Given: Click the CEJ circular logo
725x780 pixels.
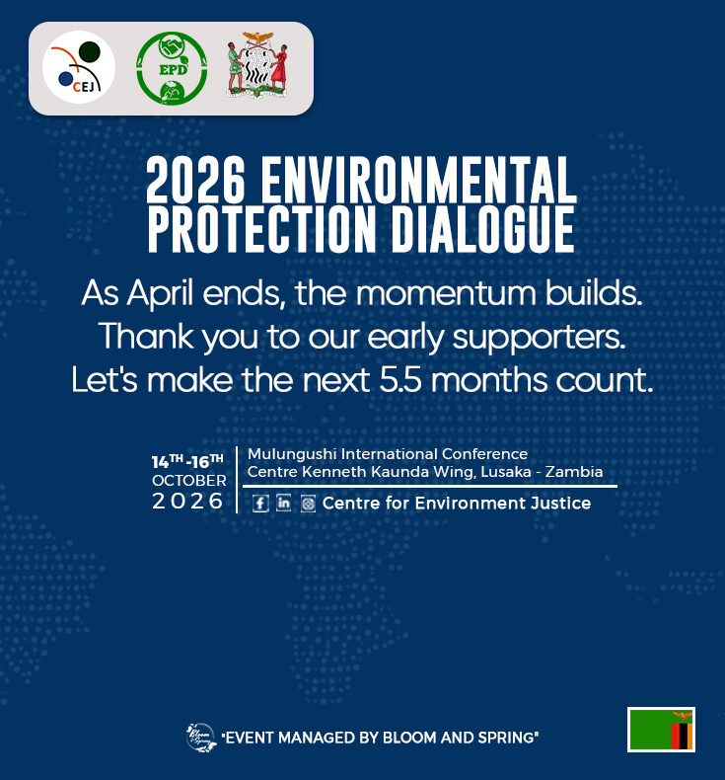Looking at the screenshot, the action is tap(79, 67).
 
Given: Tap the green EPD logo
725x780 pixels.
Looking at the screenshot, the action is tap(172, 68).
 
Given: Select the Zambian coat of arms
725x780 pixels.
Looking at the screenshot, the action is tap(256, 65).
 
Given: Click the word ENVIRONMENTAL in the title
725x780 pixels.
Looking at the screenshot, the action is tap(418, 179).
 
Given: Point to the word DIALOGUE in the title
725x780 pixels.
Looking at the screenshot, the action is tap(483, 229).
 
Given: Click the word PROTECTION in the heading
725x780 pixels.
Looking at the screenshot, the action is tap(261, 229).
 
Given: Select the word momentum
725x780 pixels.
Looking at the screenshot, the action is tap(446, 293).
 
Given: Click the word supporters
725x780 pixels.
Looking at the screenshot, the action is tap(539, 339).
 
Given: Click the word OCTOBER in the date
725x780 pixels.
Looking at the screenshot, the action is tap(188, 481).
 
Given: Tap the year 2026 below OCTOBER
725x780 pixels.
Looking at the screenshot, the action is tap(187, 501).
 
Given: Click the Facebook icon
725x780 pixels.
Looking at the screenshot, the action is tap(260, 504).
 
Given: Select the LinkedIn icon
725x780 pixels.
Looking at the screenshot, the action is tap(284, 503).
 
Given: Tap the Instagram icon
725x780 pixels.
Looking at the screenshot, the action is tap(308, 504).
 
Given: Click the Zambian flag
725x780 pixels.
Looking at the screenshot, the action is tap(661, 730).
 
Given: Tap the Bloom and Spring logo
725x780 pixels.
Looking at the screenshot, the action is tap(201, 738).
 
